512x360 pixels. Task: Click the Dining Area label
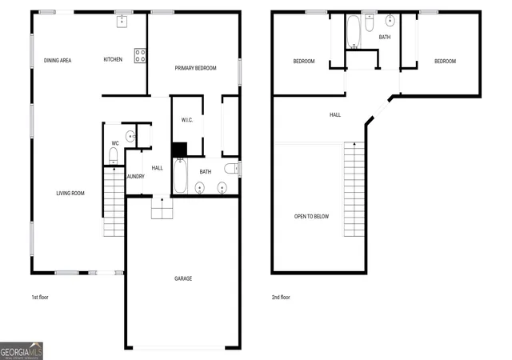click(58, 61)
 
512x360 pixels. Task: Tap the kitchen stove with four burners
click(140, 55)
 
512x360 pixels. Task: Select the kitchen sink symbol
click(122, 21)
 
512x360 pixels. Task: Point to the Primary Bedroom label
click(195, 68)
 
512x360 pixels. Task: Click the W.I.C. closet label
click(187, 120)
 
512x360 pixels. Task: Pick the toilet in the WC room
click(113, 156)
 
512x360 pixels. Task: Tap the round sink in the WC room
click(130, 135)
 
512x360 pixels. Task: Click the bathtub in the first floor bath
click(180, 176)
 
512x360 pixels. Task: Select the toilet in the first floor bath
click(232, 169)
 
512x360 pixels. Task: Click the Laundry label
click(135, 177)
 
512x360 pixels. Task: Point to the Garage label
click(183, 278)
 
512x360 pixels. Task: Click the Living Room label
click(70, 194)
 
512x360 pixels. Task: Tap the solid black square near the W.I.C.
click(179, 150)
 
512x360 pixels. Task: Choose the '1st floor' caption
click(40, 298)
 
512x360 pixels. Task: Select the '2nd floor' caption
click(281, 298)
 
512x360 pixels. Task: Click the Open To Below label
click(311, 217)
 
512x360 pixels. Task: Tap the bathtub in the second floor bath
click(353, 32)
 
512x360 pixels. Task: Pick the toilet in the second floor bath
click(370, 22)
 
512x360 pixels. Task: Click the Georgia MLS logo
click(22, 351)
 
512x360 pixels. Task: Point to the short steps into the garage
click(162, 208)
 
